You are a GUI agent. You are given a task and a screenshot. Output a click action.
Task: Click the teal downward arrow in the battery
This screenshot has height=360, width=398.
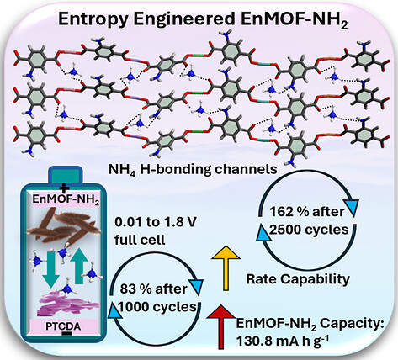pos(52,270)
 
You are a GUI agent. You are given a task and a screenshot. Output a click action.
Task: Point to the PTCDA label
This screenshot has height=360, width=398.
pos(63,326)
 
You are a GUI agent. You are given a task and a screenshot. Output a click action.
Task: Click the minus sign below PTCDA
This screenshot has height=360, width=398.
pos(66,334)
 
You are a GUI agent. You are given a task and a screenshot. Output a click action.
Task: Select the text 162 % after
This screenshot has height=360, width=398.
pos(307,212)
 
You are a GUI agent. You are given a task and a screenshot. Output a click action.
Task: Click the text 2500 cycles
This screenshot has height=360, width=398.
pos(309,230)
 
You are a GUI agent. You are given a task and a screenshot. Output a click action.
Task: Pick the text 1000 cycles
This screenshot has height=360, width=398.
pos(157,307)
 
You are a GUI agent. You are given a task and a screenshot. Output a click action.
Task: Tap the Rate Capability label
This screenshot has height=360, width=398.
pos(298,279)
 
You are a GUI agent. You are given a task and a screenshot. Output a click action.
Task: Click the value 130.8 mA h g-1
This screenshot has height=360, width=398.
pos(283,341)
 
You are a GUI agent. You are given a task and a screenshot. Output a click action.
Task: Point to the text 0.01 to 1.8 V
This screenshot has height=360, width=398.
pos(155,222)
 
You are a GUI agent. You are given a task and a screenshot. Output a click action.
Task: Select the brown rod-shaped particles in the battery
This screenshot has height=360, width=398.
pos(63,225)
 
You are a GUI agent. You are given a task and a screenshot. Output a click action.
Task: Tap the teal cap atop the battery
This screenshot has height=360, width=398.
pos(66,176)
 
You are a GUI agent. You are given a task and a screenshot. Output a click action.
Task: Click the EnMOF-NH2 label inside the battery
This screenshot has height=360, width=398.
pos(66,199)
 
